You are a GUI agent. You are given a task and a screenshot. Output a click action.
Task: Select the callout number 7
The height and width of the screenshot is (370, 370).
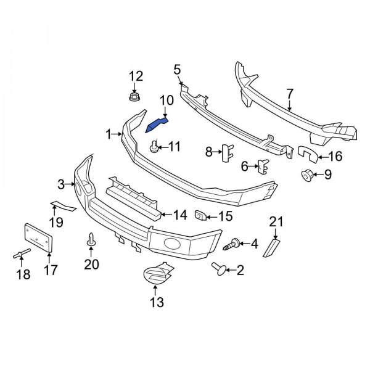pyautogui.click(x=290, y=94)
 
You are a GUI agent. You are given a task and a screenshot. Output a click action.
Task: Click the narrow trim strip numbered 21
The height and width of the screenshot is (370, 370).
pyautogui.click(x=272, y=247)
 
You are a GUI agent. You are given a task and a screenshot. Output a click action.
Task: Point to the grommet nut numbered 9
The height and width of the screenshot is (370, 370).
pyautogui.click(x=307, y=175)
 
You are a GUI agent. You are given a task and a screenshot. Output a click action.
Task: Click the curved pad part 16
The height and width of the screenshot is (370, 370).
pyautogui.click(x=306, y=154)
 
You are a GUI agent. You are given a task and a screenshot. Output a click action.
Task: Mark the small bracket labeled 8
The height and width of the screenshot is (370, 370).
pyautogui.click(x=225, y=152)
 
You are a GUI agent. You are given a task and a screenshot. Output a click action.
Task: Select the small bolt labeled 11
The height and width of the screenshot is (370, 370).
pyautogui.click(x=153, y=147)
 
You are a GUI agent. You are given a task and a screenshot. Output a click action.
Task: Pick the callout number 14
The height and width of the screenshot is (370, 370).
pyautogui.click(x=179, y=216)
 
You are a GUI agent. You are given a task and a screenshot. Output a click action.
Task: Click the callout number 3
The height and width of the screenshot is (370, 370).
pyautogui.click(x=61, y=184)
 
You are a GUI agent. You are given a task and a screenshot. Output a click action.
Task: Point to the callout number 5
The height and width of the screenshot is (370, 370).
pyautogui.click(x=177, y=69)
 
